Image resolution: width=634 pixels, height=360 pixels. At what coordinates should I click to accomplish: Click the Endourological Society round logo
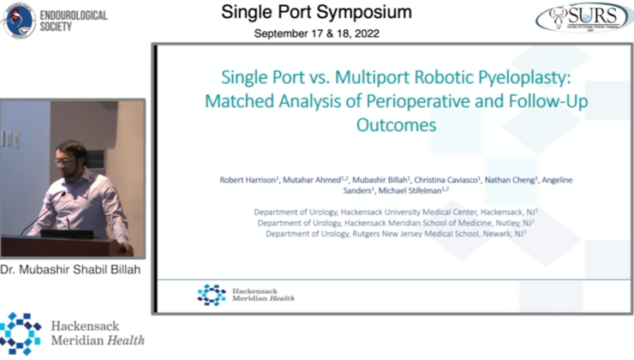click(19, 20)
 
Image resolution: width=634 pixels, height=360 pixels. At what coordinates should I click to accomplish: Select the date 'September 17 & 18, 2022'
click(316, 33)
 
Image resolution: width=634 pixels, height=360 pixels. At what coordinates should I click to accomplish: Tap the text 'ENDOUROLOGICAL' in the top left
click(81, 13)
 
